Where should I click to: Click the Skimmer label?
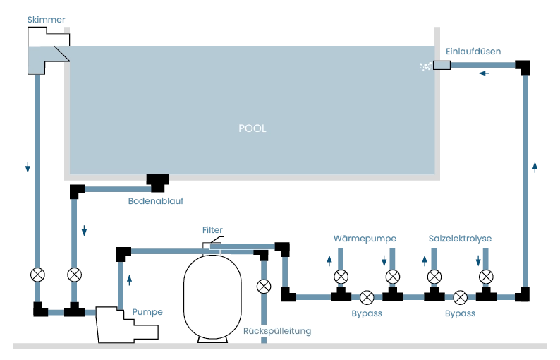(46, 20)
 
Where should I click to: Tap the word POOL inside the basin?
(252, 128)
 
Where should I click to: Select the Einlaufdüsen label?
(473, 52)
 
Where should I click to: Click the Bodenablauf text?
(156, 201)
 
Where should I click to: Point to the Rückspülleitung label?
(277, 331)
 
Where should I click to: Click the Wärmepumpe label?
(365, 239)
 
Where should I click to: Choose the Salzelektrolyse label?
(460, 239)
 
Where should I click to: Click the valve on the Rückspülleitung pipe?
(264, 287)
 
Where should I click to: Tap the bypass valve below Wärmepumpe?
(367, 297)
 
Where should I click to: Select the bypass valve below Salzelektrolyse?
(460, 297)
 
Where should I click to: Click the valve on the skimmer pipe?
(37, 275)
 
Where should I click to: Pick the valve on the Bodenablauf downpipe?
(74, 275)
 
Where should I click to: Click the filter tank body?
(212, 296)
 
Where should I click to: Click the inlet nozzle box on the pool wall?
(442, 65)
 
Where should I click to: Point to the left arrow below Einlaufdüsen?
(485, 73)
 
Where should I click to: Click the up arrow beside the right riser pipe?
(535, 167)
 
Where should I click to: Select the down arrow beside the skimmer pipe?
(28, 167)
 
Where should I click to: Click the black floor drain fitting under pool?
(157, 183)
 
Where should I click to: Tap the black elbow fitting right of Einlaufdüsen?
(523, 66)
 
